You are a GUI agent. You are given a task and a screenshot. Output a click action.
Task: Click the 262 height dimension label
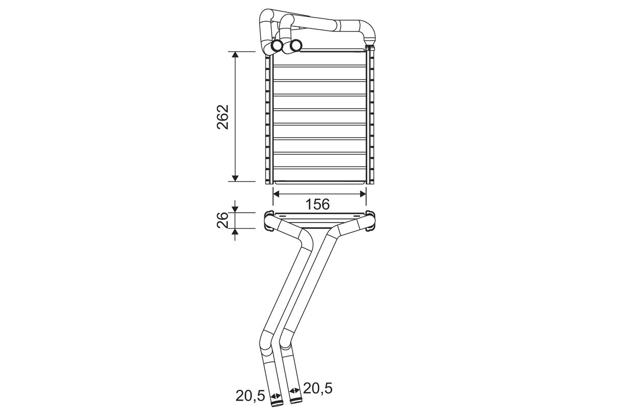point(223,117)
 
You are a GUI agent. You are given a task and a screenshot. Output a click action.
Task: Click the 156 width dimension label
point(317,204)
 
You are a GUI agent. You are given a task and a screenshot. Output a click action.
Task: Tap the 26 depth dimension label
point(223,220)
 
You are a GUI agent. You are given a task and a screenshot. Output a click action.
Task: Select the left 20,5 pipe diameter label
point(250,396)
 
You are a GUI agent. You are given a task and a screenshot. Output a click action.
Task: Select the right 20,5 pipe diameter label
point(317,389)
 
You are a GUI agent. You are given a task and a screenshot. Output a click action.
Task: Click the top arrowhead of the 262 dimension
point(235,54)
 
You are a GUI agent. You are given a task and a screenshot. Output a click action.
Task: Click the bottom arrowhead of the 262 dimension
point(235,179)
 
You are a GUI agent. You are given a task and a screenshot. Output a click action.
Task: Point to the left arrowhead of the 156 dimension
point(276,194)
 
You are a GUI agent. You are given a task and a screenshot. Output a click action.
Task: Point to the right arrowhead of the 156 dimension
point(363,194)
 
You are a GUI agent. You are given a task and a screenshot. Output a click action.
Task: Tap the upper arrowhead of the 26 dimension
point(235,210)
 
